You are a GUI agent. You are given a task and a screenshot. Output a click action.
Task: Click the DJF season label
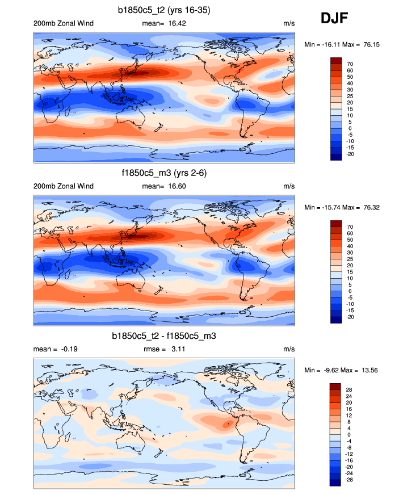click(x=334, y=18)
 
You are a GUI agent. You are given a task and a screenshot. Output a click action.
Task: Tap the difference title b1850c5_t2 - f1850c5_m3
click(x=164, y=336)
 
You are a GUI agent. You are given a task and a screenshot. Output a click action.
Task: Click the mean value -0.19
click(x=66, y=350)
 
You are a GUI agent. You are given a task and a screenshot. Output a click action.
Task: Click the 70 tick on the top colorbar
click(x=350, y=64)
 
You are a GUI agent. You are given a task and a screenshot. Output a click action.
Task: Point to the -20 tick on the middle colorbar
click(x=351, y=317)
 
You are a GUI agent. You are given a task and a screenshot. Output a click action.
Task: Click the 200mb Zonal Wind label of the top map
click(x=64, y=23)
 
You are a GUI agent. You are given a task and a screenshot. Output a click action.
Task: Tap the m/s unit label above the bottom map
click(x=289, y=350)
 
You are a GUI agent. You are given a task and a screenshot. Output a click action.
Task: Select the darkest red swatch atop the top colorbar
click(x=336, y=61)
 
